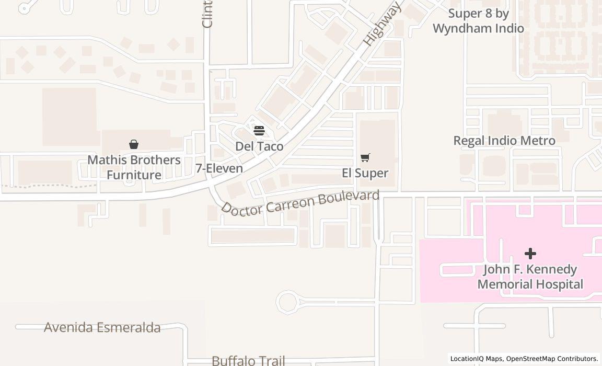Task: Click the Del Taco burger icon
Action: click(259, 130)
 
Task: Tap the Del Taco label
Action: click(259, 146)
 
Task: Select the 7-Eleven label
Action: click(219, 168)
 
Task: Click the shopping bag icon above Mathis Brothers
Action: click(134, 144)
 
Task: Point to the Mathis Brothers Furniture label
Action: click(134, 167)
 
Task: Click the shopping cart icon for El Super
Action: click(365, 158)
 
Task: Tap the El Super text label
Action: click(365, 173)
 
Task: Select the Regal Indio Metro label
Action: click(504, 141)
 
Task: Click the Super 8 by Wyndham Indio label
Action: click(478, 21)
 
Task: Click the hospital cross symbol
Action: click(530, 254)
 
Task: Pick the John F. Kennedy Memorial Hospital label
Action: click(530, 277)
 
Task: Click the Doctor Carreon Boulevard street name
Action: click(300, 202)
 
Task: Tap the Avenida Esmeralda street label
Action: click(102, 328)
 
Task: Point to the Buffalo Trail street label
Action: click(248, 360)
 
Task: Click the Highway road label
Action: click(382, 24)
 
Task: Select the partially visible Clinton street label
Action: click(207, 14)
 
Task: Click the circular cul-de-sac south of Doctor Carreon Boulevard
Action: click(287, 302)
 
